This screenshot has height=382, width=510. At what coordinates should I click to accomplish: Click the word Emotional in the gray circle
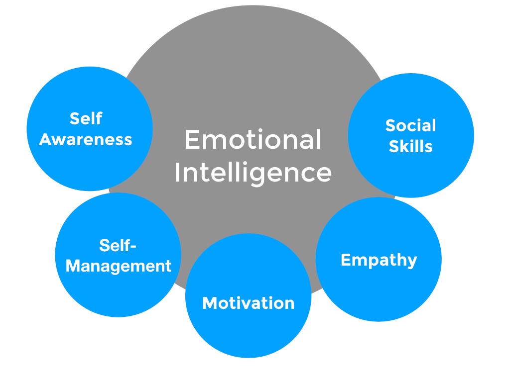click(253, 140)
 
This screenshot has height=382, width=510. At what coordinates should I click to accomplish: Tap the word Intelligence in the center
click(253, 173)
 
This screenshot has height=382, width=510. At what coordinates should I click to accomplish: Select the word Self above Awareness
click(86, 118)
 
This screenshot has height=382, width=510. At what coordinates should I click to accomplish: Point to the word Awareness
click(86, 139)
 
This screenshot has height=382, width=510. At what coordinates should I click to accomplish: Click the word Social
click(410, 125)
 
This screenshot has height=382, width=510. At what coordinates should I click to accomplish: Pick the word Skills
click(411, 146)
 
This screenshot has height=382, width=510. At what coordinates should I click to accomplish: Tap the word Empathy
click(379, 260)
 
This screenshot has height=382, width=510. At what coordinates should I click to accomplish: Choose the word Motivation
click(248, 303)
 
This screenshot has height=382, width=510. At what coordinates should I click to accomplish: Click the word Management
click(118, 266)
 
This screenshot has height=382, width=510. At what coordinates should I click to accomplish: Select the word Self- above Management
click(118, 245)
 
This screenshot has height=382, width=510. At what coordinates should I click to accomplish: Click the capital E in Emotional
click(192, 140)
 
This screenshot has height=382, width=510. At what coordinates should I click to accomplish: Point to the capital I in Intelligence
click(177, 173)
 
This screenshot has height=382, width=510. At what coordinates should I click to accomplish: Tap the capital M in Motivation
click(209, 303)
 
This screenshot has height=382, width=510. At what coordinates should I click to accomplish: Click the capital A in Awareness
click(45, 139)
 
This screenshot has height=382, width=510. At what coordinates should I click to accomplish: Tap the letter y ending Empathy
click(411, 261)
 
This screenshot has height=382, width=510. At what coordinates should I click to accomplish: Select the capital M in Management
click(73, 266)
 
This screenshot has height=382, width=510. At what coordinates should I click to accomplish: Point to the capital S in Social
click(391, 125)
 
